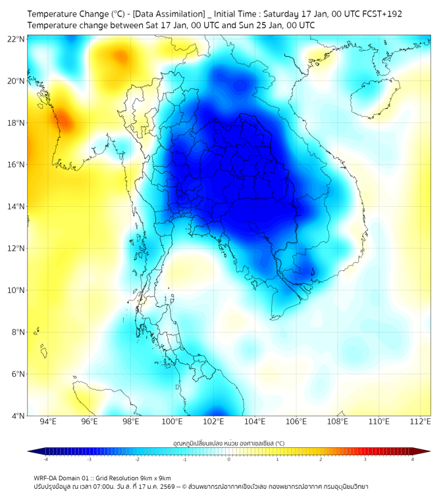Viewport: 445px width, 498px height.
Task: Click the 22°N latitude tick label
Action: click(x=16, y=39)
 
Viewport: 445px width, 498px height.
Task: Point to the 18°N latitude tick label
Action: click(x=16, y=123)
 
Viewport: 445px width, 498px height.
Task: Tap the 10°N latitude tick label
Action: click(x=16, y=290)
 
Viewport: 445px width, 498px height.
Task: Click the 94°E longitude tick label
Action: click(x=48, y=422)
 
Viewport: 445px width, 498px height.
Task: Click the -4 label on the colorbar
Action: click(x=45, y=459)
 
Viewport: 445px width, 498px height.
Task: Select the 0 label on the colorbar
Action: click(x=229, y=459)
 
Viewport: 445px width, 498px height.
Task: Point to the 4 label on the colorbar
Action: click(x=412, y=459)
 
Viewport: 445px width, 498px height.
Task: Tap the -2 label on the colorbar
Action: click(x=137, y=459)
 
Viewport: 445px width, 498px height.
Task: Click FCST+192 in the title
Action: click(x=380, y=13)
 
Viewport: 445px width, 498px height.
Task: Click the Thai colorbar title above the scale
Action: click(x=228, y=443)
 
